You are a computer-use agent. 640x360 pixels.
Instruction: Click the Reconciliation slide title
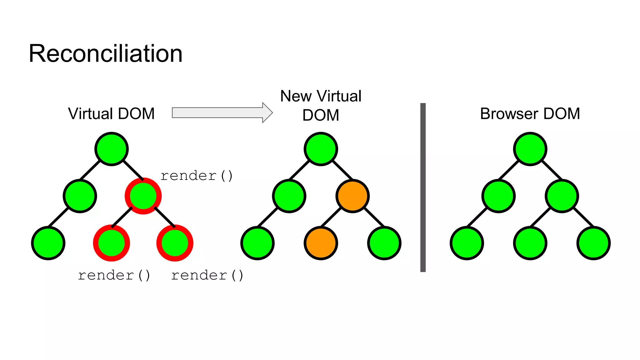tap(106, 54)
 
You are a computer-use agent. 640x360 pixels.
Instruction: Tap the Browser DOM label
tap(530, 114)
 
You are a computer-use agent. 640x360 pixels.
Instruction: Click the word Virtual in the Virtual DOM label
tap(91, 114)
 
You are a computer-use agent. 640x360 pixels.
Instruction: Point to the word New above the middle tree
tap(296, 96)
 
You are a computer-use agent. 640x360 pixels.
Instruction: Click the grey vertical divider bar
tap(423, 187)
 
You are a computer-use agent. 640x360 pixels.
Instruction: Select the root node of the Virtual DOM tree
tap(112, 149)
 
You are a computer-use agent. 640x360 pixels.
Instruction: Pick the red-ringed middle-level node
tap(143, 196)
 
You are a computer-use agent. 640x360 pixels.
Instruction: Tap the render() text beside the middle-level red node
tap(197, 176)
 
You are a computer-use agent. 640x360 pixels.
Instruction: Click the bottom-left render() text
tap(114, 275)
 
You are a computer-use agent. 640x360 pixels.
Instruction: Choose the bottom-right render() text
tap(207, 275)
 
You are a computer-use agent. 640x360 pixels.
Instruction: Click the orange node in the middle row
tap(352, 196)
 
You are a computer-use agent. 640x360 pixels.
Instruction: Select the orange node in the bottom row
tap(321, 243)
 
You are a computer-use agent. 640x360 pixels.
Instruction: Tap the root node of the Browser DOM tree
tap(530, 149)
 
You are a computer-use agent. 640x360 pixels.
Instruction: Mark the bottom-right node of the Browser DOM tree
tap(593, 243)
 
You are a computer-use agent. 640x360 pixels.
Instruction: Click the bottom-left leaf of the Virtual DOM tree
tap(48, 243)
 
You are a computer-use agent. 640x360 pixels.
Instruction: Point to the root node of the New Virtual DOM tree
tap(321, 149)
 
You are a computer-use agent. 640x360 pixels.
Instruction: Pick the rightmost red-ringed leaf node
tap(175, 243)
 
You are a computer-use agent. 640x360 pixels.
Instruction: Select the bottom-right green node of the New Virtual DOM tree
tap(384, 243)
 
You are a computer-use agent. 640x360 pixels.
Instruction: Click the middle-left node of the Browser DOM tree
tap(498, 196)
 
